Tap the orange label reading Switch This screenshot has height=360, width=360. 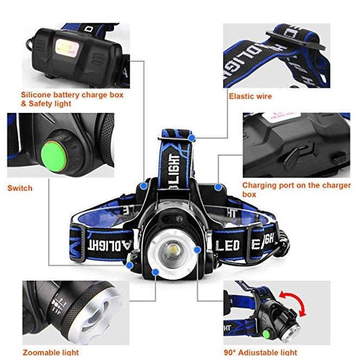(20, 188)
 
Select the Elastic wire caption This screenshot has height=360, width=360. (250, 96)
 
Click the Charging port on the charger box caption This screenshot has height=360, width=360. (296, 190)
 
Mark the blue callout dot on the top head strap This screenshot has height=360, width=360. (191, 138)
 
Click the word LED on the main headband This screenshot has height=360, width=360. (229, 245)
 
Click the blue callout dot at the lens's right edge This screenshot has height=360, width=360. (197, 248)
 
